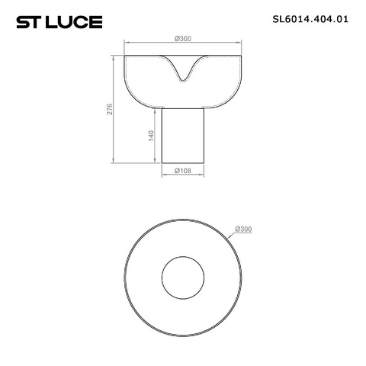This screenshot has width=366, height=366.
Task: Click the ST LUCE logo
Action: (59, 22)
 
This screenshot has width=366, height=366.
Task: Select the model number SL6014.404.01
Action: (310, 19)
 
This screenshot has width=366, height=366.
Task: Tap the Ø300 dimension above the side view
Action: (183, 39)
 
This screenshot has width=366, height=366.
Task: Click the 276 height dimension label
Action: (109, 109)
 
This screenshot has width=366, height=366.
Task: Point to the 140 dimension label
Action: (151, 136)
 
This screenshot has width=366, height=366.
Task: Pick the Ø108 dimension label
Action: (183, 171)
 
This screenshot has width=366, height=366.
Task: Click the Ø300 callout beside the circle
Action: (243, 229)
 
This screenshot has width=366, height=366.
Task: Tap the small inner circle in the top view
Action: (183, 256)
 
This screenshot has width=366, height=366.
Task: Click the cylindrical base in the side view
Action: (183, 136)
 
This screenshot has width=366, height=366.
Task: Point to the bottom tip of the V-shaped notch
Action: (182, 82)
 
